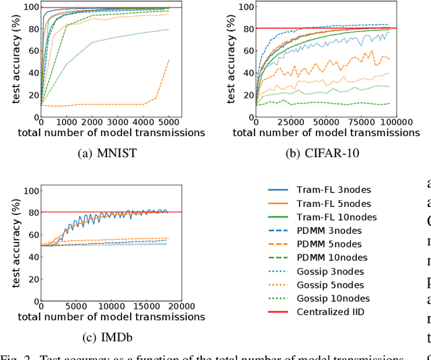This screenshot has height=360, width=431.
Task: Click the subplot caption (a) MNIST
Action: click(108, 153)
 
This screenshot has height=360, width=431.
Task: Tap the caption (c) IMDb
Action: click(108, 336)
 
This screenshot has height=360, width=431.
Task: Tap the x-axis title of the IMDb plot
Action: click(111, 316)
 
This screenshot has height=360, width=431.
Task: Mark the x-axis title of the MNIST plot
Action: click(111, 132)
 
